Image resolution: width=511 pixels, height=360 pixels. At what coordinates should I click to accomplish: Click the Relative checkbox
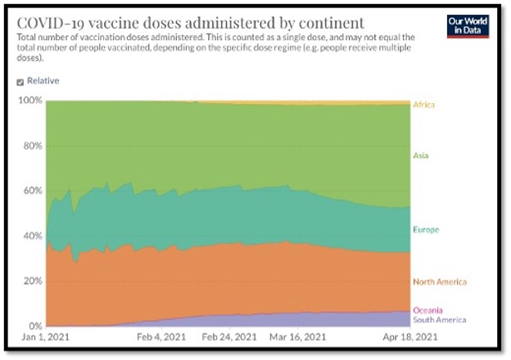click(x=20, y=82)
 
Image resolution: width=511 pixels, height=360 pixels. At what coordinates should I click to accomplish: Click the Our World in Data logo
click(x=468, y=25)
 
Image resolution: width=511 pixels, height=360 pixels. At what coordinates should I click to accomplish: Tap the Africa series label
click(x=424, y=105)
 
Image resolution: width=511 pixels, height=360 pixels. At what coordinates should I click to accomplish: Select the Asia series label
click(x=422, y=155)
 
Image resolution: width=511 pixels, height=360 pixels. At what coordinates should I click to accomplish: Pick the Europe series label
click(x=427, y=229)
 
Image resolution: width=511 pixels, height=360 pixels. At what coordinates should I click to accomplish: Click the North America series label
click(x=440, y=282)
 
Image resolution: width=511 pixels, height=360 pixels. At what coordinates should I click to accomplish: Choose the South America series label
click(x=440, y=320)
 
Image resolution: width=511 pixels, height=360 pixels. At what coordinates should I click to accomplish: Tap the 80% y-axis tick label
click(x=31, y=146)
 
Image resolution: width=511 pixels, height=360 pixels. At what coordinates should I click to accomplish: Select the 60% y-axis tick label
click(x=31, y=191)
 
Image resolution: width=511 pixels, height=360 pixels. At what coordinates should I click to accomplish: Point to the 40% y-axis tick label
click(x=31, y=236)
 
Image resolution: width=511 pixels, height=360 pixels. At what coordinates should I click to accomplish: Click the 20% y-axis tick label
click(x=31, y=281)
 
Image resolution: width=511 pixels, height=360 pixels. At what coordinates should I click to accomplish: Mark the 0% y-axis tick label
click(x=34, y=326)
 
